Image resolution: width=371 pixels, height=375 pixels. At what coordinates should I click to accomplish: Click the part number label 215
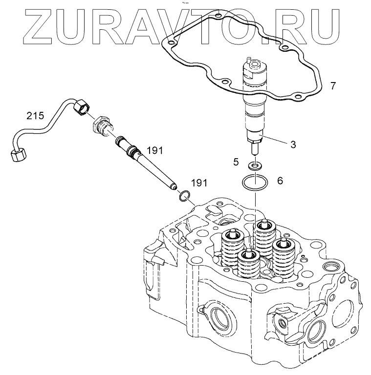35,116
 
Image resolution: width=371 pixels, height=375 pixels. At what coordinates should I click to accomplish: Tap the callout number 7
333,86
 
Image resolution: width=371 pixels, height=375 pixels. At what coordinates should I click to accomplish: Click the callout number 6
280,181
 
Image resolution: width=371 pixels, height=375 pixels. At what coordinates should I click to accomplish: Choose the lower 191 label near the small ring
199,183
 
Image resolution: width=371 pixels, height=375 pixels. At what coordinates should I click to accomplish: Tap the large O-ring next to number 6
254,184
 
